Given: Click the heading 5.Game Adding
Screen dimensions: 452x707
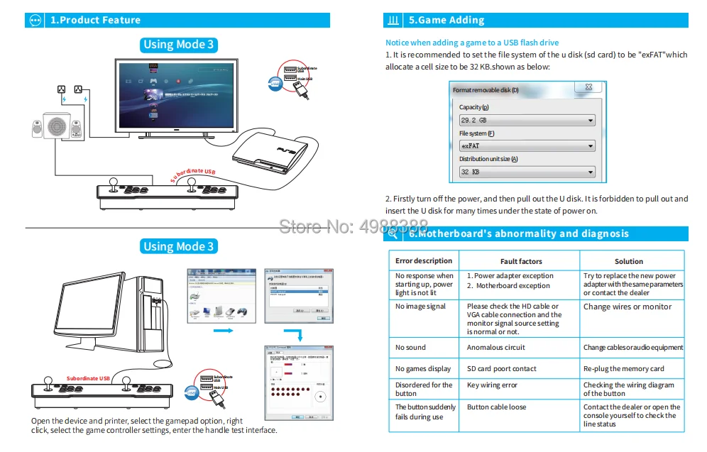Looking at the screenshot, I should pos(446,20).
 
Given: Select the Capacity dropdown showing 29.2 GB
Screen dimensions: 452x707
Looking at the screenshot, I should pos(527,121).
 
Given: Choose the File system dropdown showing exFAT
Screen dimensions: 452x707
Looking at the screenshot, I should pos(527,146).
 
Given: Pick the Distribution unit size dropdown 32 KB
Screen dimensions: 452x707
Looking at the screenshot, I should pos(527,172).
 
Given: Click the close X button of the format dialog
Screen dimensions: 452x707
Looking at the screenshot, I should pos(588,88).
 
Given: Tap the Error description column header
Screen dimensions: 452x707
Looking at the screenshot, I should pos(424,260).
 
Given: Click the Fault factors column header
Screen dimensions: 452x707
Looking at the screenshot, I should pos(520,261).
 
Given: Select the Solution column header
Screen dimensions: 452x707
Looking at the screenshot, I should pos(628,261).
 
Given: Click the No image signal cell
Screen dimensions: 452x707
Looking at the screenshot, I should pos(421,307).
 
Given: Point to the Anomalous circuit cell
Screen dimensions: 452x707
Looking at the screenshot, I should pos(496,348).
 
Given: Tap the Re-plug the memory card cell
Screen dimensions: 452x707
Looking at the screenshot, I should pos(623,369).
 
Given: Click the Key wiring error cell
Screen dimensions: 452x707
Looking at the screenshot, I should pos(492,385).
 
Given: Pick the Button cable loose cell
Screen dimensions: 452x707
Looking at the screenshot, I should pos(496,407).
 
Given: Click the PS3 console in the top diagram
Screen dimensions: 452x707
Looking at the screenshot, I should pos(270,153).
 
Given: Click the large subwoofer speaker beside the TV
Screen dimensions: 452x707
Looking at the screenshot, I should pos(57,128).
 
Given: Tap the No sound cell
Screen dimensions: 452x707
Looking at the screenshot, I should pos(410,348).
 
